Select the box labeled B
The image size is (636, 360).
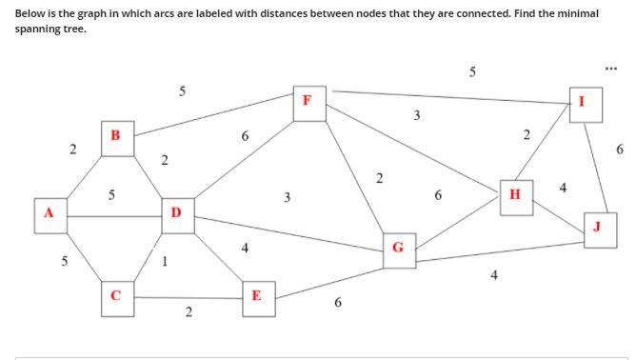click(x=115, y=136)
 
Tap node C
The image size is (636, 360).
click(x=115, y=295)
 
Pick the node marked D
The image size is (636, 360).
click(x=175, y=211)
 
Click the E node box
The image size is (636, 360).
click(x=256, y=295)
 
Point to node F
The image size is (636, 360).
click(x=307, y=100)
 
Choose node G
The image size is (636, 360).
click(x=398, y=250)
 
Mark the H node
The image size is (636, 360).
click(x=515, y=195)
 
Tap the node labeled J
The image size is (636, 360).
click(x=597, y=227)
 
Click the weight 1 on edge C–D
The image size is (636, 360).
click(x=167, y=262)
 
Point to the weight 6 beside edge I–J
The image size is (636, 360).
click(x=620, y=149)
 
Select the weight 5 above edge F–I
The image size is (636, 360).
click(x=473, y=71)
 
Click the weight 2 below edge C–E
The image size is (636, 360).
click(x=189, y=312)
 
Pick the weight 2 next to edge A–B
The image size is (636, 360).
click(x=72, y=150)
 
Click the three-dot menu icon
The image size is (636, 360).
click(x=611, y=68)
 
